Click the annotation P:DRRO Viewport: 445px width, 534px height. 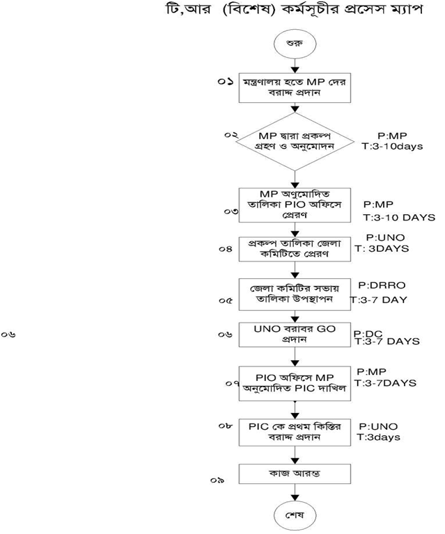click(380, 286)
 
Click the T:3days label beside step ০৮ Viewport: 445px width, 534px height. click(379, 437)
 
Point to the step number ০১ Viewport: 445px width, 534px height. click(225, 81)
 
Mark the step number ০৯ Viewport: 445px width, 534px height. click(218, 480)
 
